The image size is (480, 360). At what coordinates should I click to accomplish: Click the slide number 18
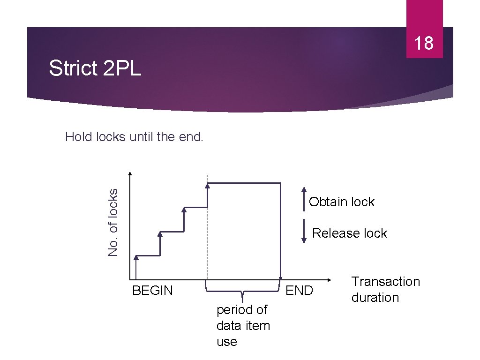point(424,43)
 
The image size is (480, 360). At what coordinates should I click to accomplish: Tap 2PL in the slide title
point(121,68)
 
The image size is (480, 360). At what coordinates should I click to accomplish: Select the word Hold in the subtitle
point(79,137)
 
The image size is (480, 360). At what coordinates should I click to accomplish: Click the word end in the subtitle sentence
point(191,137)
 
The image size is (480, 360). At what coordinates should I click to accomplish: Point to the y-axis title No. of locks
point(113,222)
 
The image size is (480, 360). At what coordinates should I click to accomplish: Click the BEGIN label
point(152,291)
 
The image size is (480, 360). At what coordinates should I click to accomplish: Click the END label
point(299,291)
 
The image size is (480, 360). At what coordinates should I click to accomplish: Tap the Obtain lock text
point(342,202)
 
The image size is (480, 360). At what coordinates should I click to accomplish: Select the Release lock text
point(350,233)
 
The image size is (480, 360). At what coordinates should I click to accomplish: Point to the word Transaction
point(386,282)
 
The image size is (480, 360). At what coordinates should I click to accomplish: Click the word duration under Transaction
point(375,298)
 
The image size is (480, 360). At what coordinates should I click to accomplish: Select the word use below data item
point(227,342)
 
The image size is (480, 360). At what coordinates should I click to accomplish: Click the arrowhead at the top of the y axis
point(130,174)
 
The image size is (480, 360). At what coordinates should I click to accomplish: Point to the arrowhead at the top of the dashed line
point(207,186)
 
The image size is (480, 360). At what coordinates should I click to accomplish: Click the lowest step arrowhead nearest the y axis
point(136,257)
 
